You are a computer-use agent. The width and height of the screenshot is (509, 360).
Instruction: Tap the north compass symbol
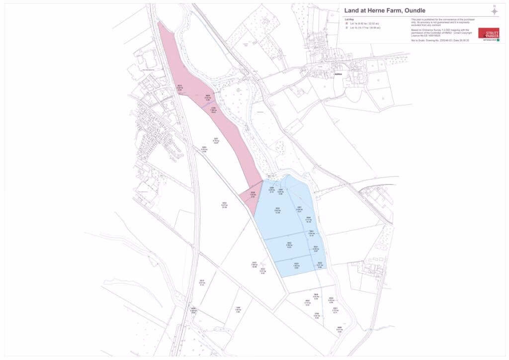(x=494, y=10)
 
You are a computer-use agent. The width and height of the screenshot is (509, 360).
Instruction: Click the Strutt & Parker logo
(x=488, y=34)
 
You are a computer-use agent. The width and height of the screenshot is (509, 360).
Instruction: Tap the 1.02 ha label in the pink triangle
(x=253, y=195)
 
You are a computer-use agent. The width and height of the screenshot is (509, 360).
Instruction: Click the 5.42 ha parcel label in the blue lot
(x=277, y=211)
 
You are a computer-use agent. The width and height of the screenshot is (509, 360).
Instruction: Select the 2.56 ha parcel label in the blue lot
(x=289, y=245)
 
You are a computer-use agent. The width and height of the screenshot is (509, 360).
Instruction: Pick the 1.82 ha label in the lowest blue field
(x=296, y=266)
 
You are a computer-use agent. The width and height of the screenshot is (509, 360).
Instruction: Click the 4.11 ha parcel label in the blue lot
(x=308, y=220)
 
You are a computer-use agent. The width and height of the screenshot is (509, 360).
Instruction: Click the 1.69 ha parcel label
(x=238, y=310)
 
